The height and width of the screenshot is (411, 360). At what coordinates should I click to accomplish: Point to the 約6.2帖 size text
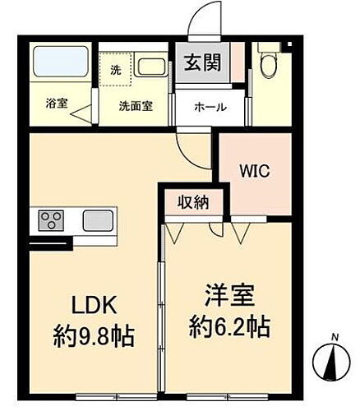(228, 326)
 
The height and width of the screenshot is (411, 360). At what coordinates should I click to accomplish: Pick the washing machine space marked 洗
(116, 70)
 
